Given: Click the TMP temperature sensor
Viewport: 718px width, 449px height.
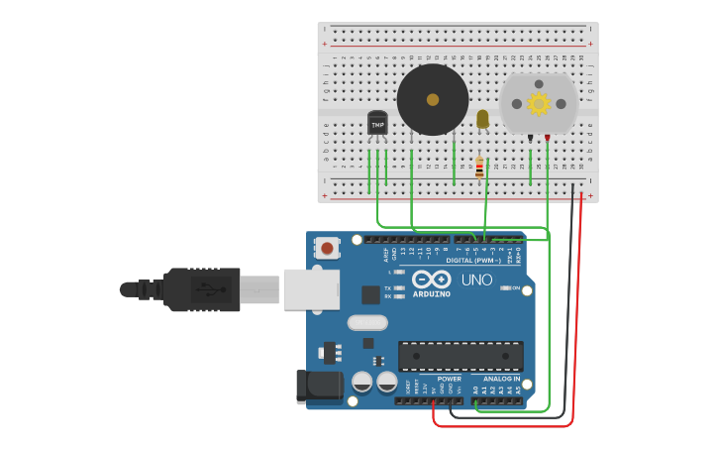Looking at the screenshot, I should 377,124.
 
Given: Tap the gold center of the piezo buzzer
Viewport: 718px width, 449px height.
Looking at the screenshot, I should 433,100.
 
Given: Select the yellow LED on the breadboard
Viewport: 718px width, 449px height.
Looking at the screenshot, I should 482,119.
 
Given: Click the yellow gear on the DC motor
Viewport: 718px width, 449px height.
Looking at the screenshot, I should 538,103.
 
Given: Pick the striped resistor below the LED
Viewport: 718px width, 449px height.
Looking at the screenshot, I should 479,168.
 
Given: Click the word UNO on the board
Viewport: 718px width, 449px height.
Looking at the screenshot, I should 476,280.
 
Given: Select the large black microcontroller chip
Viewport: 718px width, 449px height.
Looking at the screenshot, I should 461,356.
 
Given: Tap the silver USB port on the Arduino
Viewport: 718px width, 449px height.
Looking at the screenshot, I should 311,289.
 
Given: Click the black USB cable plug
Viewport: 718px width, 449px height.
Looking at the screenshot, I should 203,289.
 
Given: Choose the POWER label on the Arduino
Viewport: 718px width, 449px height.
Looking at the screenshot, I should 449,379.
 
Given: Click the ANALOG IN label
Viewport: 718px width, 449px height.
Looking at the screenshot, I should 501,379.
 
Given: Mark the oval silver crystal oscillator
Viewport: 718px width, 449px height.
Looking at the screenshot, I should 366,322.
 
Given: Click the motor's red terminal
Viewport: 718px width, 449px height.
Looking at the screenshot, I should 547,138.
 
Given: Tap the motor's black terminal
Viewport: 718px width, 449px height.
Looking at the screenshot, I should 530,138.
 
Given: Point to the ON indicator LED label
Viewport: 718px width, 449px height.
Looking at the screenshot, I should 515,288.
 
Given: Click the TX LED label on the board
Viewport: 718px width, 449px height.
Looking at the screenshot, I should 387,287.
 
